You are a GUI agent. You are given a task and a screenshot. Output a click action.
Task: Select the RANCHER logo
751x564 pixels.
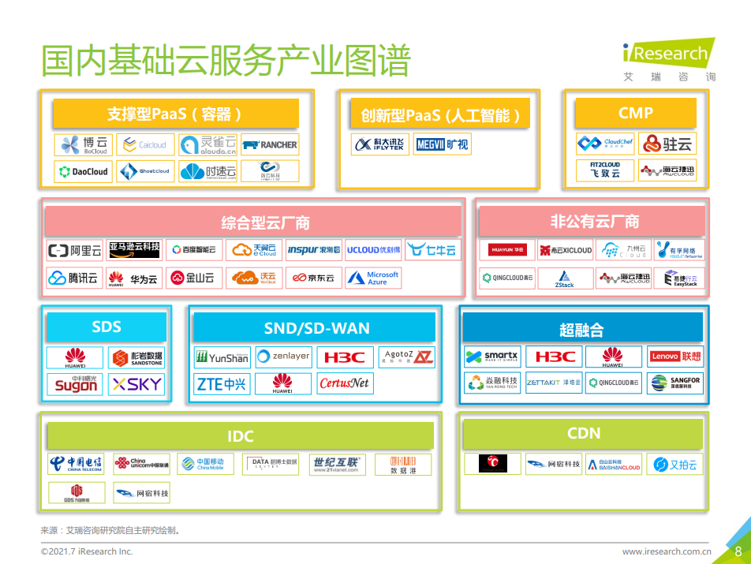(270, 145)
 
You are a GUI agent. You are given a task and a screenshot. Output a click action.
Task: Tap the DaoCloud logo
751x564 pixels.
(84, 171)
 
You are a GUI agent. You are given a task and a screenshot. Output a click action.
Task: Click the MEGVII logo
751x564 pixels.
(442, 144)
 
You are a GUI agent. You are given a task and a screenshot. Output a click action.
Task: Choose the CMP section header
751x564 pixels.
(636, 114)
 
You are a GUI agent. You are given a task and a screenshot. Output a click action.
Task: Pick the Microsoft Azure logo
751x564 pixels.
(373, 278)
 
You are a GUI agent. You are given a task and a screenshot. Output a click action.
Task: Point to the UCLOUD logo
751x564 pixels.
(373, 250)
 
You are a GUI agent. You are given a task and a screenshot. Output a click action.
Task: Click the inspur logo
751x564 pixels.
(313, 250)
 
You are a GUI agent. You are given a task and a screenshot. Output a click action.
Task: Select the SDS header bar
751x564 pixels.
(106, 327)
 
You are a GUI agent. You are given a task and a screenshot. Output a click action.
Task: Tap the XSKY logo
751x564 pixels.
(137, 384)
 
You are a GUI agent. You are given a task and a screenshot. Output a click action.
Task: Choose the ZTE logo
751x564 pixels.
(222, 384)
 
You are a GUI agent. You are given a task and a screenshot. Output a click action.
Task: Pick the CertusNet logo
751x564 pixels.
(344, 384)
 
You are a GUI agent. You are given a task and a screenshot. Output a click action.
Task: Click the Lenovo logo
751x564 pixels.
(675, 357)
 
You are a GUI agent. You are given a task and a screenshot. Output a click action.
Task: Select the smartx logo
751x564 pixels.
(492, 357)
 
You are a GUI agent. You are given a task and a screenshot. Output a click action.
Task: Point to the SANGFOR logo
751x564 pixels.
(675, 383)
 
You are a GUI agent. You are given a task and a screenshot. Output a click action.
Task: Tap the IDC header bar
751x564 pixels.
(241, 436)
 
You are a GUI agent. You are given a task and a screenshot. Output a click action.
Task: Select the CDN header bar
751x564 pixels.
(584, 434)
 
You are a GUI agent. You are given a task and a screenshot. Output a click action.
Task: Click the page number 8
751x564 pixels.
(738, 551)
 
